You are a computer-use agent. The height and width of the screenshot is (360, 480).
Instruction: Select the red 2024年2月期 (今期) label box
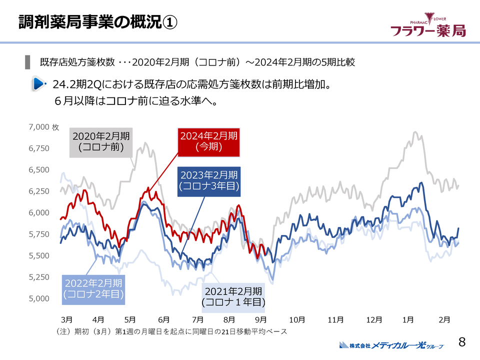pos(208,141)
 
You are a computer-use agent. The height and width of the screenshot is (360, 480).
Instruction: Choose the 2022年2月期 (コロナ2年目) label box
pos(93,289)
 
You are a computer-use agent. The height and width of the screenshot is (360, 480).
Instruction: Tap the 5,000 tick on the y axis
pos(39,298)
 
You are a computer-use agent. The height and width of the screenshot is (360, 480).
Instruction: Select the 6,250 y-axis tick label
pos(39,191)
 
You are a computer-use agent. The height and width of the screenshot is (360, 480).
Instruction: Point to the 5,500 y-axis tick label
pos(39,255)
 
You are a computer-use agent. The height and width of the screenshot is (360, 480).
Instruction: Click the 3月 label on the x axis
pos(66,319)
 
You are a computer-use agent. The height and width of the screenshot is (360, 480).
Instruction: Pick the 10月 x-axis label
pos(297,319)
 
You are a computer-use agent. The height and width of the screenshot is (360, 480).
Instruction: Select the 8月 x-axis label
pos(230,319)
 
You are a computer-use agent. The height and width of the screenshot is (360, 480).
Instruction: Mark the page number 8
pos(462,342)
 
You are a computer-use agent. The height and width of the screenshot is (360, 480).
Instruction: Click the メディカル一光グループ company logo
pos(391,345)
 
